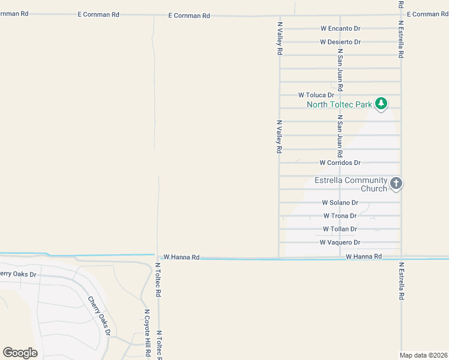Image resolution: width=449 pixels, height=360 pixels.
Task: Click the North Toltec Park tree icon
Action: tap(381, 104)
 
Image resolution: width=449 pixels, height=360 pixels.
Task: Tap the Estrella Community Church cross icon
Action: tap(396, 183)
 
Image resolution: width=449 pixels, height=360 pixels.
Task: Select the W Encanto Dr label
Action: tap(340, 28)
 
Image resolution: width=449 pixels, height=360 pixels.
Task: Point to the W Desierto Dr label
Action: tap(340, 42)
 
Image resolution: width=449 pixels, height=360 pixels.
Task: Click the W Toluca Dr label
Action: tap(316, 95)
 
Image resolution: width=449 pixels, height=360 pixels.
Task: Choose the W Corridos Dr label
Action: tap(340, 163)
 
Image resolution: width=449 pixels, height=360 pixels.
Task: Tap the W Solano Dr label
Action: tap(340, 203)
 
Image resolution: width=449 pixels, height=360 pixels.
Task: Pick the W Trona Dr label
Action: tap(340, 216)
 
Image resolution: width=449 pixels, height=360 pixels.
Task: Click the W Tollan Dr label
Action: tap(340, 229)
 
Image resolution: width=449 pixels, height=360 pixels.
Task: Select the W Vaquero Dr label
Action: tap(340, 242)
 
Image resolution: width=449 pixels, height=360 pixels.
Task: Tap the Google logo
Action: tap(20, 353)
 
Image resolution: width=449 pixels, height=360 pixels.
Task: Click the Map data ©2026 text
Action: tap(424, 355)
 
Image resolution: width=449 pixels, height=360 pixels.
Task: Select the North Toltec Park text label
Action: tap(339, 104)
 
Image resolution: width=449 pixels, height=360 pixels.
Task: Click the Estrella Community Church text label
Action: tap(351, 184)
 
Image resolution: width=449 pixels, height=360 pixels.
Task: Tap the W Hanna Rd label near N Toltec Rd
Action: tap(181, 257)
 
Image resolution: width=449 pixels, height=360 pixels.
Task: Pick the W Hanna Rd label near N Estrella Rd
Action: tap(364, 256)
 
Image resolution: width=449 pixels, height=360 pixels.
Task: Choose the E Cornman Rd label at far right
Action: tap(427, 14)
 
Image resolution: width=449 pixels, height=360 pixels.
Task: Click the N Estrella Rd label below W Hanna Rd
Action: tap(401, 281)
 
